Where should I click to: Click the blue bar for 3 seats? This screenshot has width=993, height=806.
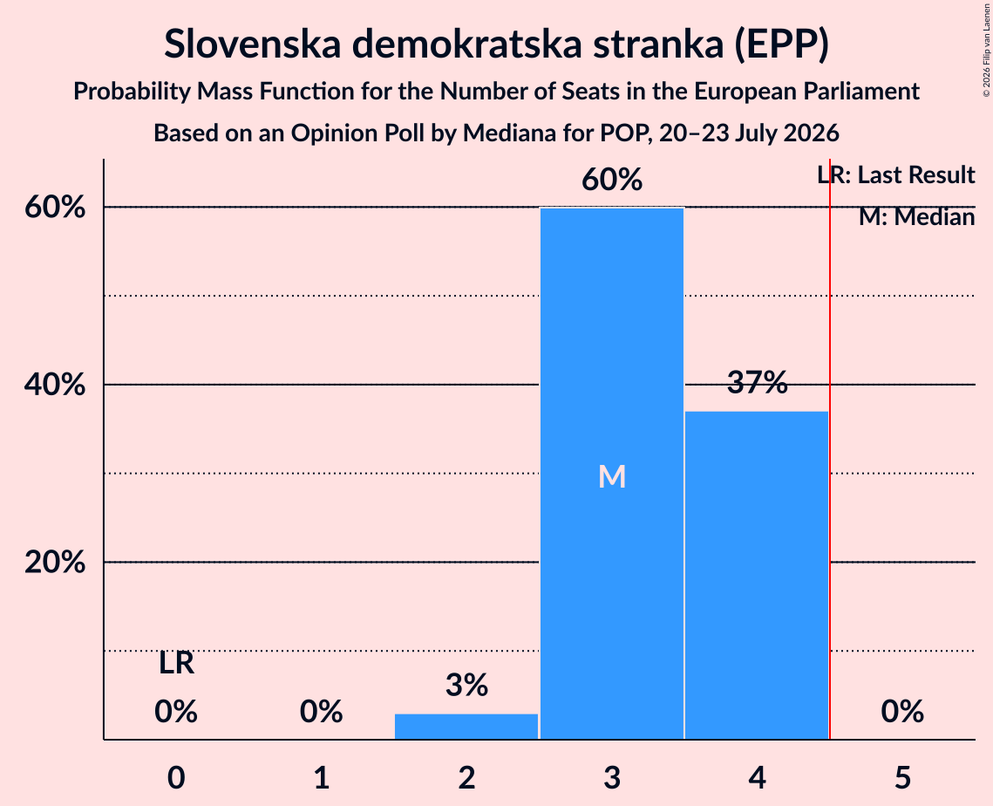[x=612, y=474]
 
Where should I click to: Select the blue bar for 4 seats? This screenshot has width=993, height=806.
[x=757, y=576]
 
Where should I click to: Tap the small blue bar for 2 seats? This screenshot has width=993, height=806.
[x=466, y=726]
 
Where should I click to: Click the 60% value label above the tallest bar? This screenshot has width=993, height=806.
[x=612, y=180]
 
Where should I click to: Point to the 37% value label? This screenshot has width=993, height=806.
[x=758, y=383]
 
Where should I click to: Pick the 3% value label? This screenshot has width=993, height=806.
[x=466, y=686]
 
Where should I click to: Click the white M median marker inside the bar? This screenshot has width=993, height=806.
[x=612, y=476]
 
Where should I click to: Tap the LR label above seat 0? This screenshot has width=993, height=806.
[x=176, y=664]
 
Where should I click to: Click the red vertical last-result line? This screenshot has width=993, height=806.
[x=830, y=449]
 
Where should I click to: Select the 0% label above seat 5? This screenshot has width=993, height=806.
[x=902, y=712]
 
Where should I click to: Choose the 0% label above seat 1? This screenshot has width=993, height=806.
[x=322, y=712]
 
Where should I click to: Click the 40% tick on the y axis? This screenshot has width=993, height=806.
[x=55, y=385]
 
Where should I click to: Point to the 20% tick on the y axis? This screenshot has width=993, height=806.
[x=55, y=562]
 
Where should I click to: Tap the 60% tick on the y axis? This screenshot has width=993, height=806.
[x=55, y=208]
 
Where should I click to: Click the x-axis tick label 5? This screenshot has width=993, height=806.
[x=902, y=778]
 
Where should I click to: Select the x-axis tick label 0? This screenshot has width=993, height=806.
[x=176, y=778]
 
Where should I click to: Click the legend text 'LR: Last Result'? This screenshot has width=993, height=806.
[x=896, y=174]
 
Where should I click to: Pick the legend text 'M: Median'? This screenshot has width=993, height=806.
[x=917, y=217]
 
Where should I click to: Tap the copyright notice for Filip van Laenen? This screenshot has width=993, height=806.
[x=987, y=51]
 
